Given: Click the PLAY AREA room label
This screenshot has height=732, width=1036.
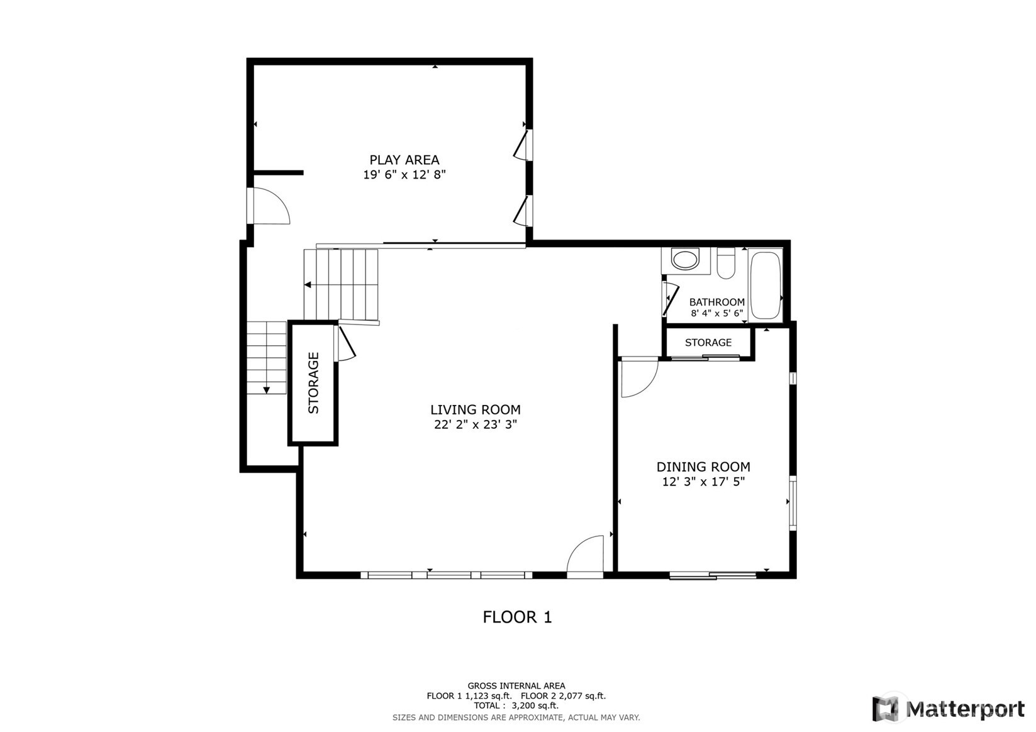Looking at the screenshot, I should pos(404,160).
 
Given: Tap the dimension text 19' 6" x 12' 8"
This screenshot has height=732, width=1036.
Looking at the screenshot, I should pos(404,175).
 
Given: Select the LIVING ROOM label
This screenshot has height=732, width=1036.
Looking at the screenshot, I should pos(475,409).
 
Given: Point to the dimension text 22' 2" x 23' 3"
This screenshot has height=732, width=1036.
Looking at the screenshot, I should pos(475,424).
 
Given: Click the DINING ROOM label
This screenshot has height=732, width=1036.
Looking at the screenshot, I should pos(703,467).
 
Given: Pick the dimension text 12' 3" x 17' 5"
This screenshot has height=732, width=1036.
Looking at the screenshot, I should pos(703,482).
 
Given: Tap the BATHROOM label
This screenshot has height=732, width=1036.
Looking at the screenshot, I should pos(716,302).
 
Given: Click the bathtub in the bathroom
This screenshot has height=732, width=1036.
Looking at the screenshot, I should pos(765,286).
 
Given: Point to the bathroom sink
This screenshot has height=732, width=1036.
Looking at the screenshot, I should pos(685,259).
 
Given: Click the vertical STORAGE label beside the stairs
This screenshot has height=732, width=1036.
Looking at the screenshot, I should pos(313,382).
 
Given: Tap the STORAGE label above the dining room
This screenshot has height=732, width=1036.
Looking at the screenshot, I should pos(708,343).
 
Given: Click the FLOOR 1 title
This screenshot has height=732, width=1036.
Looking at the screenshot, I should pos(517,617).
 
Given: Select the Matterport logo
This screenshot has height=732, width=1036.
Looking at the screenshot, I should pos(948,709).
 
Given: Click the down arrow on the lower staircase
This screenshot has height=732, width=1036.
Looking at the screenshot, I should pos(267,391).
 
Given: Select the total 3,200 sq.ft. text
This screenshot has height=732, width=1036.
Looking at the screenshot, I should pos(516,706).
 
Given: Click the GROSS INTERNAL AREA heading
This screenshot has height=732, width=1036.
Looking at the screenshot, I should pos(516,685).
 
